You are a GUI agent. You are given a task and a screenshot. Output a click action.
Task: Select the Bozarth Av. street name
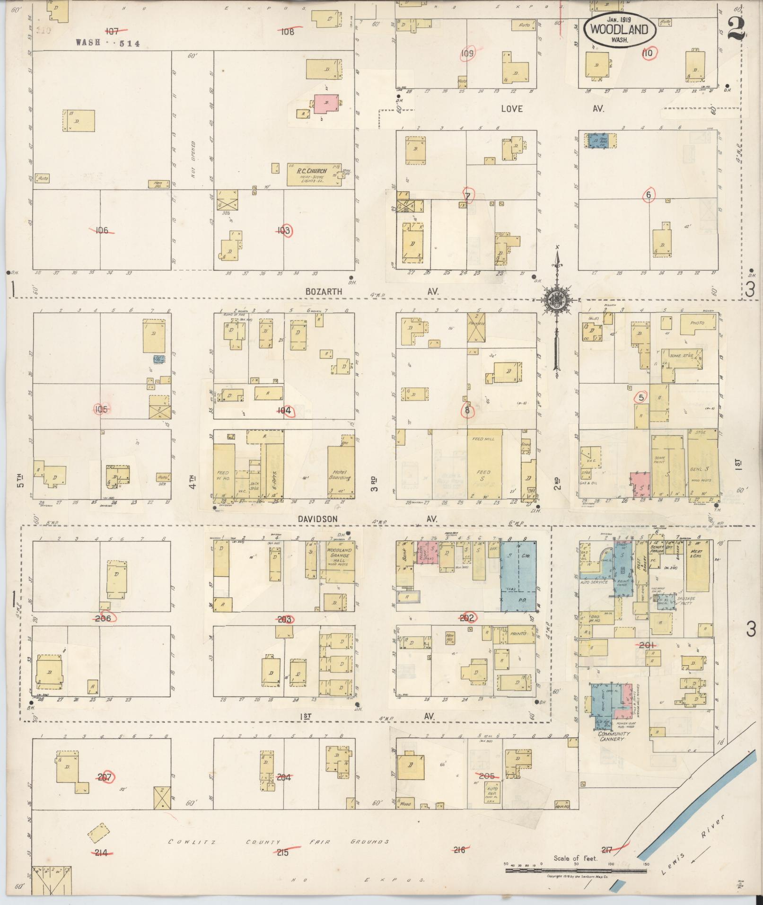(324, 292)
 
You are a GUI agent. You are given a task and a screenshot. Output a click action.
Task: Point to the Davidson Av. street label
(317, 519)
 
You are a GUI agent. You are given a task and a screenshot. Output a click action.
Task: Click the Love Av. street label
(512, 109)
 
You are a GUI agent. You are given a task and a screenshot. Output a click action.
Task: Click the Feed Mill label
(483, 439)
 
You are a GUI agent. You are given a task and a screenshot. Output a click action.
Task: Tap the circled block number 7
(468, 196)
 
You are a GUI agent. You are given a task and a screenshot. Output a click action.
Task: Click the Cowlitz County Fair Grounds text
(279, 842)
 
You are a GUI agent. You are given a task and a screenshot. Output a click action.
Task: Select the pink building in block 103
(325, 103)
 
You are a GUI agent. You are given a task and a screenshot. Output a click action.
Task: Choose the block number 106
(101, 230)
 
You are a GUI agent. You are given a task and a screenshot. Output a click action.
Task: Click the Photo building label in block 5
(697, 323)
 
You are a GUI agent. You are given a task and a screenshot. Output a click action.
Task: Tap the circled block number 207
(105, 776)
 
